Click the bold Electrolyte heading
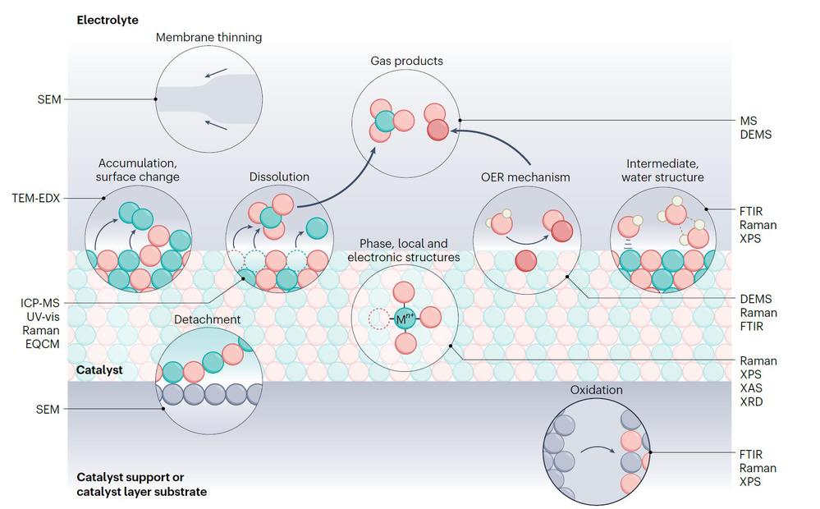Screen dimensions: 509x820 (107, 18)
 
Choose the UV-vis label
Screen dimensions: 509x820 (39, 318)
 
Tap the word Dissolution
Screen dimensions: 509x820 (279, 177)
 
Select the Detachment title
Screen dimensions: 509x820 (208, 319)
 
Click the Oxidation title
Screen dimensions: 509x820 (596, 390)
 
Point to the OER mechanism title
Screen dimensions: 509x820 (525, 177)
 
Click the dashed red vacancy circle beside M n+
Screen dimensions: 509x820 (378, 319)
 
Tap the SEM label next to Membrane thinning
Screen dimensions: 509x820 (48, 99)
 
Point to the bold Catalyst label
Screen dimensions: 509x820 (99, 369)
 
